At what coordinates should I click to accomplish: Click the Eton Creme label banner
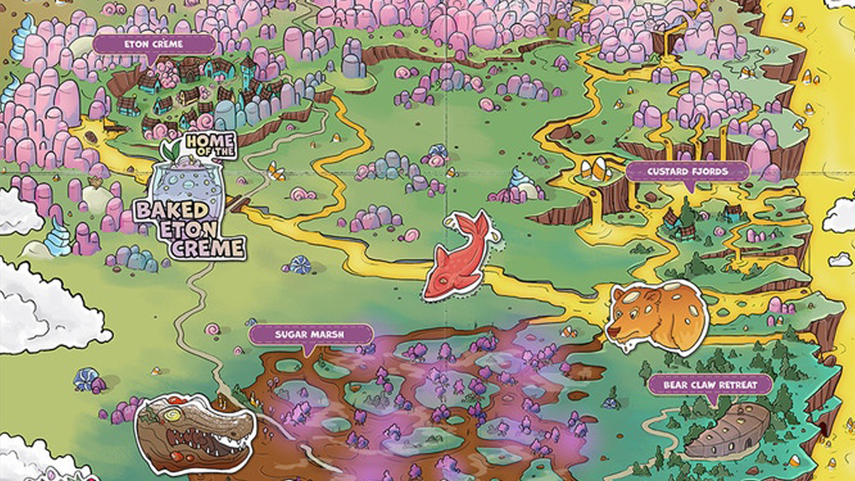pyautogui.click(x=154, y=45)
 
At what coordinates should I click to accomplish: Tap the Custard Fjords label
pyautogui.click(x=688, y=171)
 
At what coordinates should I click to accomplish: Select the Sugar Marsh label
pyautogui.click(x=310, y=334)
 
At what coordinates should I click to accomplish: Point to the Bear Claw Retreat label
pyautogui.click(x=710, y=385)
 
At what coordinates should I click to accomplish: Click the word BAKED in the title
pyautogui.click(x=172, y=210)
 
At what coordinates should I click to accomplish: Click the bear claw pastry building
pyautogui.click(x=730, y=430)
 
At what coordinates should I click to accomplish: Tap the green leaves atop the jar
pyautogui.click(x=172, y=150)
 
